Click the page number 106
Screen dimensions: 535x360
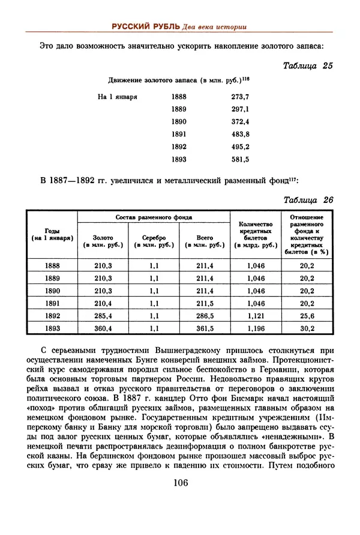tap(181, 483)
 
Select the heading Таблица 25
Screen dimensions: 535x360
tap(308, 66)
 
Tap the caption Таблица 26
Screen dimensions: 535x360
tap(308, 201)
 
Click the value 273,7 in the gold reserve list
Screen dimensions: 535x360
tap(240, 96)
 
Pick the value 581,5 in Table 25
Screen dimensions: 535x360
tap(240, 159)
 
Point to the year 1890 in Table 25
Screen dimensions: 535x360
tap(179, 121)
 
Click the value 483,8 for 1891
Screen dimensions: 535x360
tap(240, 134)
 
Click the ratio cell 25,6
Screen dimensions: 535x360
tap(307, 316)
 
